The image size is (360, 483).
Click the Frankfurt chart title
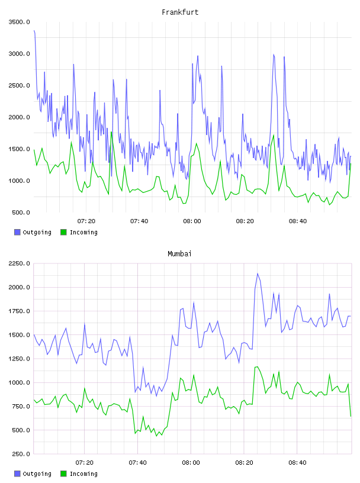[180, 12]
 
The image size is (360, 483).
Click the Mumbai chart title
[179, 254]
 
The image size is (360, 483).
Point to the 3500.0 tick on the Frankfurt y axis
[19, 22]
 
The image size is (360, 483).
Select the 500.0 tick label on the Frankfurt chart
[21, 212]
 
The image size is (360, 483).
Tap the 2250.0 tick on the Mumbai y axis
[19, 263]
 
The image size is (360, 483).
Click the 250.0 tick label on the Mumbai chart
[21, 454]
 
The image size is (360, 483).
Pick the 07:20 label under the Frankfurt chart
[86, 221]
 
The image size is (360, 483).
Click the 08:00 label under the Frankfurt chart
[192, 221]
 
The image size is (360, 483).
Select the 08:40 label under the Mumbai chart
[297, 463]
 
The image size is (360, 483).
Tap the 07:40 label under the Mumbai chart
[138, 463]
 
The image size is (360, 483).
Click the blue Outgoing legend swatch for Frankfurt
[17, 232]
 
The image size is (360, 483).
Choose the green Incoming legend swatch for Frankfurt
[63, 232]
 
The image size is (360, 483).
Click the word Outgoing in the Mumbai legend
[37, 474]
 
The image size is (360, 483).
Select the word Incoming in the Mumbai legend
[83, 474]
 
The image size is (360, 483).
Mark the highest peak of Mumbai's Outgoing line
[258, 273]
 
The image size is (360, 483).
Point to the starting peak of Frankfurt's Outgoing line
[34, 31]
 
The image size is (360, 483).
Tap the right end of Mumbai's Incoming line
[351, 416]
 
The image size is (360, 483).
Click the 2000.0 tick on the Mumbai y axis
[19, 288]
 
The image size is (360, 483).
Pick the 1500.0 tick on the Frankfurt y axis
[19, 149]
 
